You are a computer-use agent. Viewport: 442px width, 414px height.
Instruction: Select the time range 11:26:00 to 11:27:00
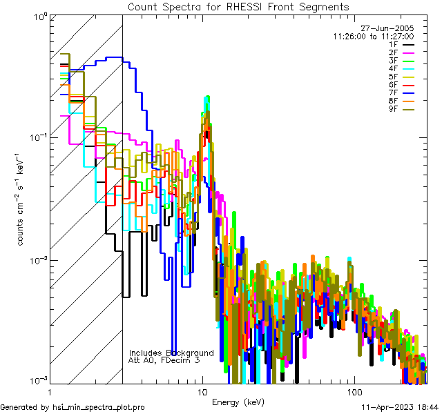(x=373, y=36)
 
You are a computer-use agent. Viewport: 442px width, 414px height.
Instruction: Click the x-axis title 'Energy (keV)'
(x=238, y=402)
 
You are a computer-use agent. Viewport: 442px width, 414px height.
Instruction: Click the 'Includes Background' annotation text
(x=171, y=353)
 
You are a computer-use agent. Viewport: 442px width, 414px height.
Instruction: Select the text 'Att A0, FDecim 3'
(x=164, y=360)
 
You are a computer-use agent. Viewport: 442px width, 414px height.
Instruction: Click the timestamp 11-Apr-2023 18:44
(x=400, y=408)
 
